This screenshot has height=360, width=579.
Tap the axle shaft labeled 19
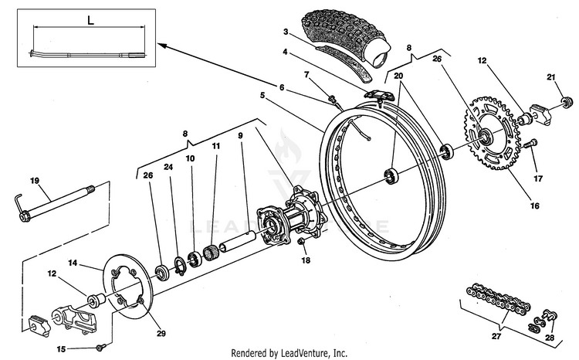(56, 204)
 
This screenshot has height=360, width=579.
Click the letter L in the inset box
(90, 20)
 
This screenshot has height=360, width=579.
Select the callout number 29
(161, 334)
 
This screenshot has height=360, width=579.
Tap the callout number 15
(61, 349)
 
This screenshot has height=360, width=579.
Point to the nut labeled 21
(567, 101)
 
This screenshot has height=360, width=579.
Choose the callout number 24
(168, 167)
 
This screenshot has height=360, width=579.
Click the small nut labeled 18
(301, 243)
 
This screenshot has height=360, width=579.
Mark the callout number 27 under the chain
(496, 336)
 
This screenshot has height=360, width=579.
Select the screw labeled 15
(100, 347)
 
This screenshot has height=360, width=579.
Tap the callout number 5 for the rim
(262, 95)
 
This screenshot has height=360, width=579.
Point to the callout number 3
(286, 32)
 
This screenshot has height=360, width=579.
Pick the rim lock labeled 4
(380, 95)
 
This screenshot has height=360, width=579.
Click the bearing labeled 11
(212, 253)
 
